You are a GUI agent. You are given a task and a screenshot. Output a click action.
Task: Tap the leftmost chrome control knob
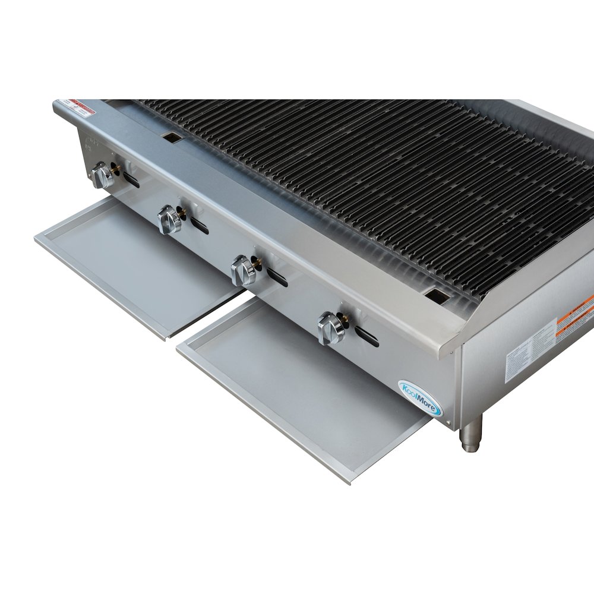click(x=103, y=176)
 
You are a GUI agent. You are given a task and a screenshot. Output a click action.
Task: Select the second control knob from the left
click(x=170, y=220)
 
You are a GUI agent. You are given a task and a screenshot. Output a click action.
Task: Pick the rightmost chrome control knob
click(x=330, y=328)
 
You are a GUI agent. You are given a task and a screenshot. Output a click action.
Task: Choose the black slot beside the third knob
click(x=277, y=277)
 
